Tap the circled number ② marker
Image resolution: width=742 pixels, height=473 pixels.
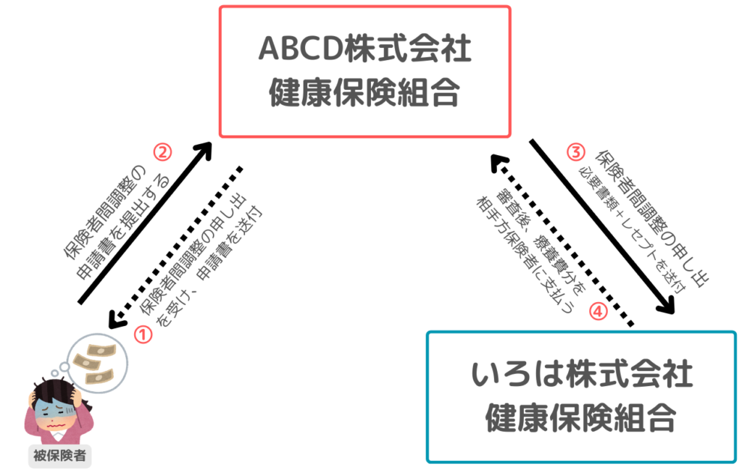pyautogui.click(x=162, y=153)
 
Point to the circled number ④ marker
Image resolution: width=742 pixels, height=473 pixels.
pyautogui.click(x=597, y=311)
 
